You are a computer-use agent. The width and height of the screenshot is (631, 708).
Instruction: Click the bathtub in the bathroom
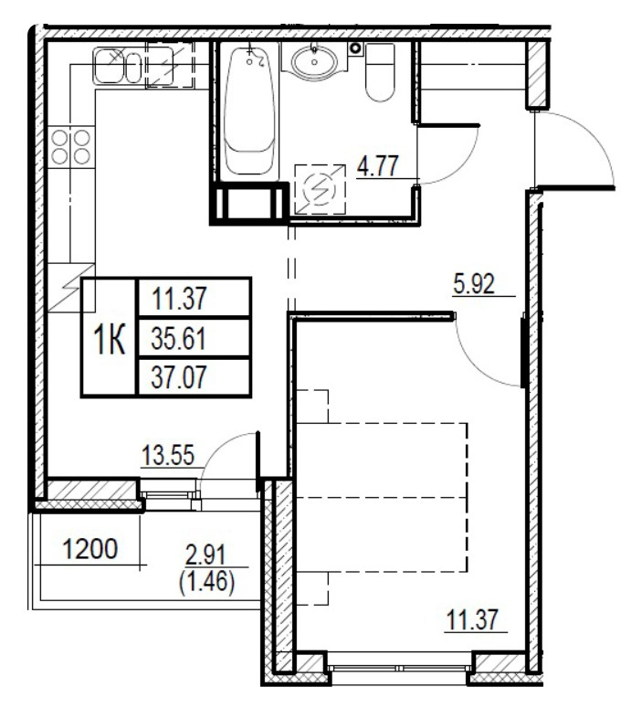tap(249, 110)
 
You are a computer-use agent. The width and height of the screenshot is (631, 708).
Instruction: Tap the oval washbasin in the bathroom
tap(315, 61)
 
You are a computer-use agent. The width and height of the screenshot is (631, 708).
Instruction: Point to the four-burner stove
tap(71, 147)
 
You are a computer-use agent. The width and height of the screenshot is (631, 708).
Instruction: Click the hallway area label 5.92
tap(473, 284)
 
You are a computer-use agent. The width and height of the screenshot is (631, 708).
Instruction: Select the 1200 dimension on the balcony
tap(89, 550)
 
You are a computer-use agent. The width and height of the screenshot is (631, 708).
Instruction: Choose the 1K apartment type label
tap(109, 339)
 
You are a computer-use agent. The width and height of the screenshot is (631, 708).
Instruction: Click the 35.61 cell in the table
tap(178, 339)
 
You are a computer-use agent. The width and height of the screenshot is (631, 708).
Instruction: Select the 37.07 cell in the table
tap(178, 377)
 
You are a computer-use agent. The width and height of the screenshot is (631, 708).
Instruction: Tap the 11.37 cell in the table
tap(178, 298)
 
